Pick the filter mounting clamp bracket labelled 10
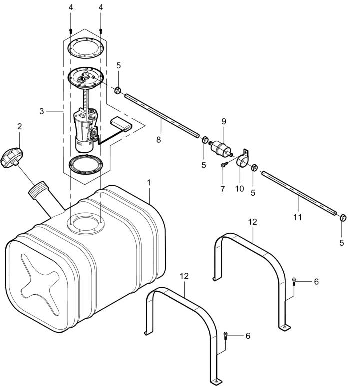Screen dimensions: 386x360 pos(243,159)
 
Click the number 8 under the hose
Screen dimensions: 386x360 pos(158,139)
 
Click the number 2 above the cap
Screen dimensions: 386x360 pos(20,126)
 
